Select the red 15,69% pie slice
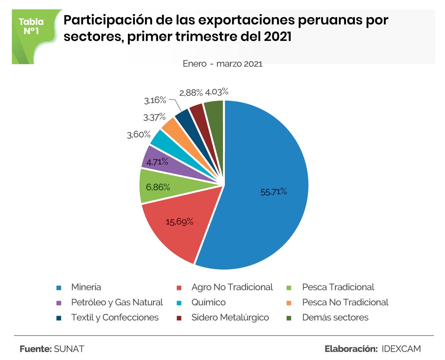pyautogui.click(x=177, y=228)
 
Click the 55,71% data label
pyautogui.click(x=274, y=192)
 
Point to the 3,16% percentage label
pyautogui.click(x=155, y=100)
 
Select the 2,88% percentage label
pyautogui.click(x=191, y=93)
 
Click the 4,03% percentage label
pyautogui.click(x=217, y=92)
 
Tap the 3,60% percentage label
pyautogui.click(x=139, y=135)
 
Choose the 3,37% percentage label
pyautogui.click(x=154, y=117)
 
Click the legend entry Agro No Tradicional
pyautogui.click(x=232, y=287)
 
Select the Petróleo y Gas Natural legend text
pyautogui.click(x=117, y=302)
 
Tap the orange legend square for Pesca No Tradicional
pyautogui.click(x=289, y=303)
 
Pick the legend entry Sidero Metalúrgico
pyautogui.click(x=230, y=318)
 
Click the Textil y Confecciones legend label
pyautogui.click(x=115, y=318)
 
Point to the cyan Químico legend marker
pyautogui.click(x=179, y=303)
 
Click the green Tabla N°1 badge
pyautogui.click(x=31, y=27)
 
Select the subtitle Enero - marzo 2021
pyautogui.click(x=223, y=64)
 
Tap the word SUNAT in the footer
pyautogui.click(x=69, y=349)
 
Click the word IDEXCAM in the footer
pyautogui.click(x=401, y=349)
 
